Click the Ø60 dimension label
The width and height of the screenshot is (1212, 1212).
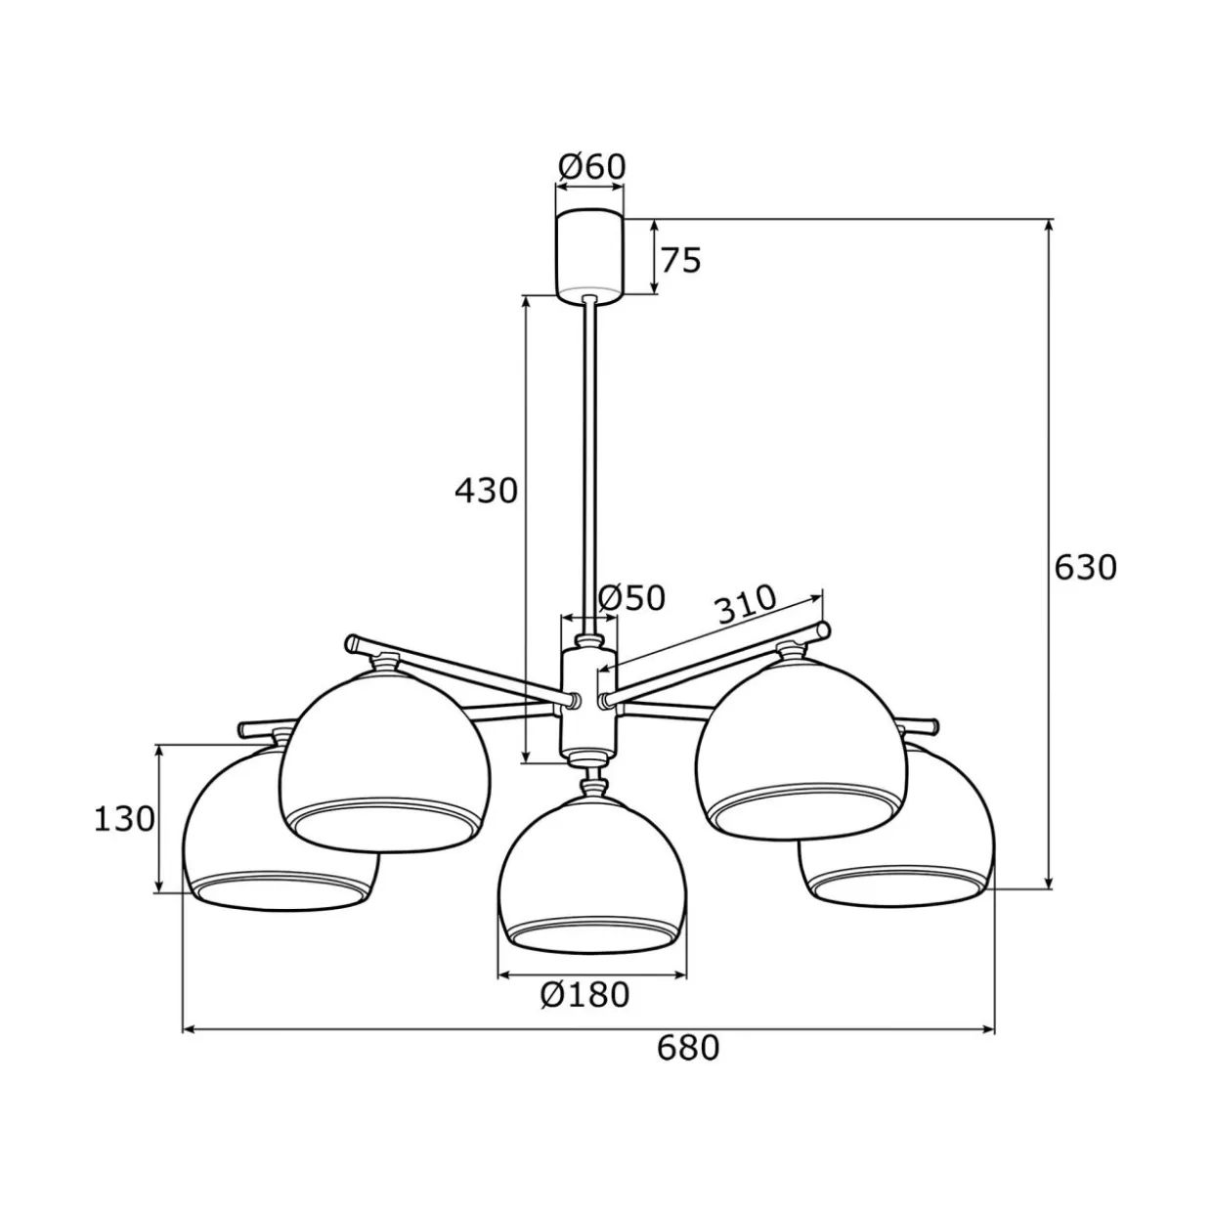click(592, 167)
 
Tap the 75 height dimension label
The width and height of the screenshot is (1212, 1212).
click(680, 260)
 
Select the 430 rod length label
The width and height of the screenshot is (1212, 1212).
click(486, 491)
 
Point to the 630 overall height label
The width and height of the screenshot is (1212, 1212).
click(1086, 567)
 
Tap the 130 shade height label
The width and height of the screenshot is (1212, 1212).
click(124, 819)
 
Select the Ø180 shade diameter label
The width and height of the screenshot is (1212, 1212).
click(584, 994)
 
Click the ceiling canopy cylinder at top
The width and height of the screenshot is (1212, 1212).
click(590, 257)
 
